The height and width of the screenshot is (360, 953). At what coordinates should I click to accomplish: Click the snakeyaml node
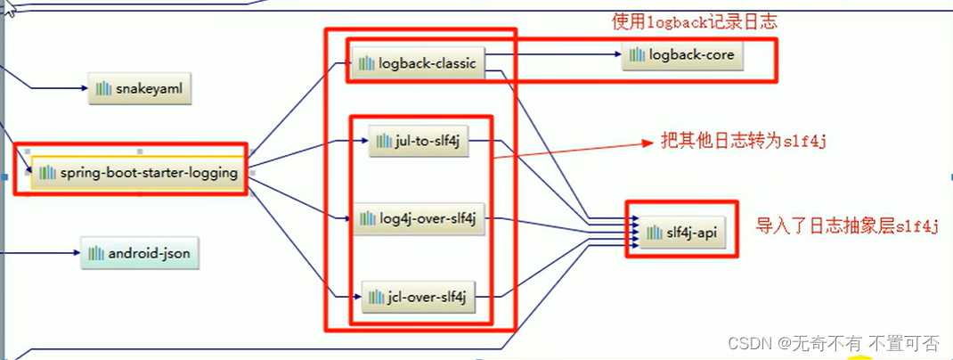[x=141, y=89]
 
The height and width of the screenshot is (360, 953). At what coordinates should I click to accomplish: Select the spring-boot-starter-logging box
[x=139, y=173]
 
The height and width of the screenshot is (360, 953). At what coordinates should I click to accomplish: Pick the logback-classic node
[x=417, y=63]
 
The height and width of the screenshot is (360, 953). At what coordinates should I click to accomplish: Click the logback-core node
[x=681, y=55]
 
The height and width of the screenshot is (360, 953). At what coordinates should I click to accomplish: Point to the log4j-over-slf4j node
[x=419, y=219]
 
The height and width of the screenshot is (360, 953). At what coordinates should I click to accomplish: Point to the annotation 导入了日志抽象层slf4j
[x=847, y=225]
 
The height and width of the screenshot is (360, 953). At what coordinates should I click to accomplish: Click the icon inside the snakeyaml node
[x=104, y=89]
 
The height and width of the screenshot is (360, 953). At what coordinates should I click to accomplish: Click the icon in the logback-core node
[x=636, y=55]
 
